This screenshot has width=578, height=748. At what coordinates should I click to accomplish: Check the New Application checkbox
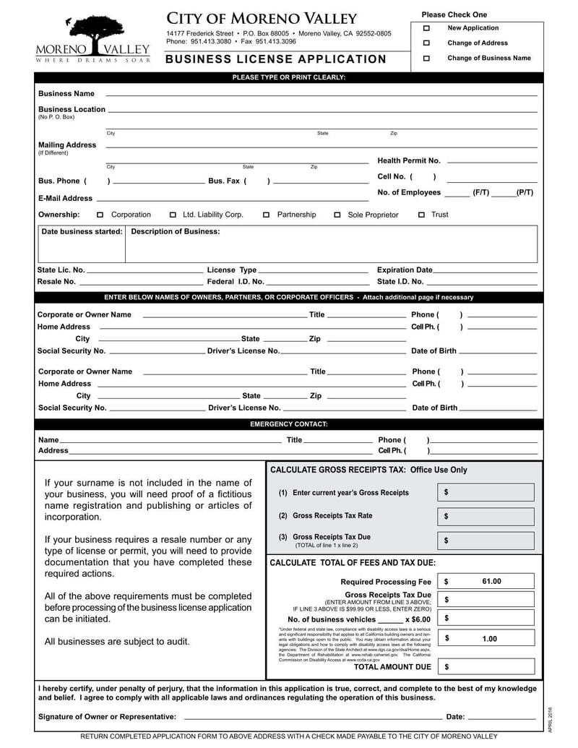(426, 28)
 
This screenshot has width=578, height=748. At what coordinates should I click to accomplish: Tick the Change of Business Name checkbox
(426, 58)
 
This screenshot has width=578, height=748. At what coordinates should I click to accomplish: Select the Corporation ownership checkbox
(100, 215)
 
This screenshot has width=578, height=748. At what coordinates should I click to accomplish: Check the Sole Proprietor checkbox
(337, 215)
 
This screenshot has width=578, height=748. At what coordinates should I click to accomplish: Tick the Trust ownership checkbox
(422, 215)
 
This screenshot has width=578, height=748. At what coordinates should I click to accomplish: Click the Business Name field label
(66, 94)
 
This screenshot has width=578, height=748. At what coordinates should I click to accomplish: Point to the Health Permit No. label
(409, 160)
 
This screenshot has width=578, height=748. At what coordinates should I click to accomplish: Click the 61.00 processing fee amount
(491, 581)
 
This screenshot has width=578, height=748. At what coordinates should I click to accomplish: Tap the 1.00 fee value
(490, 639)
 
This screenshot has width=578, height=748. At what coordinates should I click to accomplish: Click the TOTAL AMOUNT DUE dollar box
(486, 667)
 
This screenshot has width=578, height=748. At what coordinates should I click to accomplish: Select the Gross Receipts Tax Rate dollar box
(486, 516)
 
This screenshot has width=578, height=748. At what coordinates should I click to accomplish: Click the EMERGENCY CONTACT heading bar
(288, 424)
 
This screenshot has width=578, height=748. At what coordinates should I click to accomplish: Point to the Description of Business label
(176, 232)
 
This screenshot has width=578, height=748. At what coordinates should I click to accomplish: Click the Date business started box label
(82, 232)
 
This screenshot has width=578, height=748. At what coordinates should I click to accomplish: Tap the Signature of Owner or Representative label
(107, 717)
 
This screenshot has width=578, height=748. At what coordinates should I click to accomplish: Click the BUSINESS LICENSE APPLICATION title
(276, 59)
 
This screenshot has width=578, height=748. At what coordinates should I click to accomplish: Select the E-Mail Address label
(65, 198)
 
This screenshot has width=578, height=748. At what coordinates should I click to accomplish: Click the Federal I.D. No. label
(236, 282)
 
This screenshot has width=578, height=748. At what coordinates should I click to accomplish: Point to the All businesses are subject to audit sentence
(118, 642)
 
